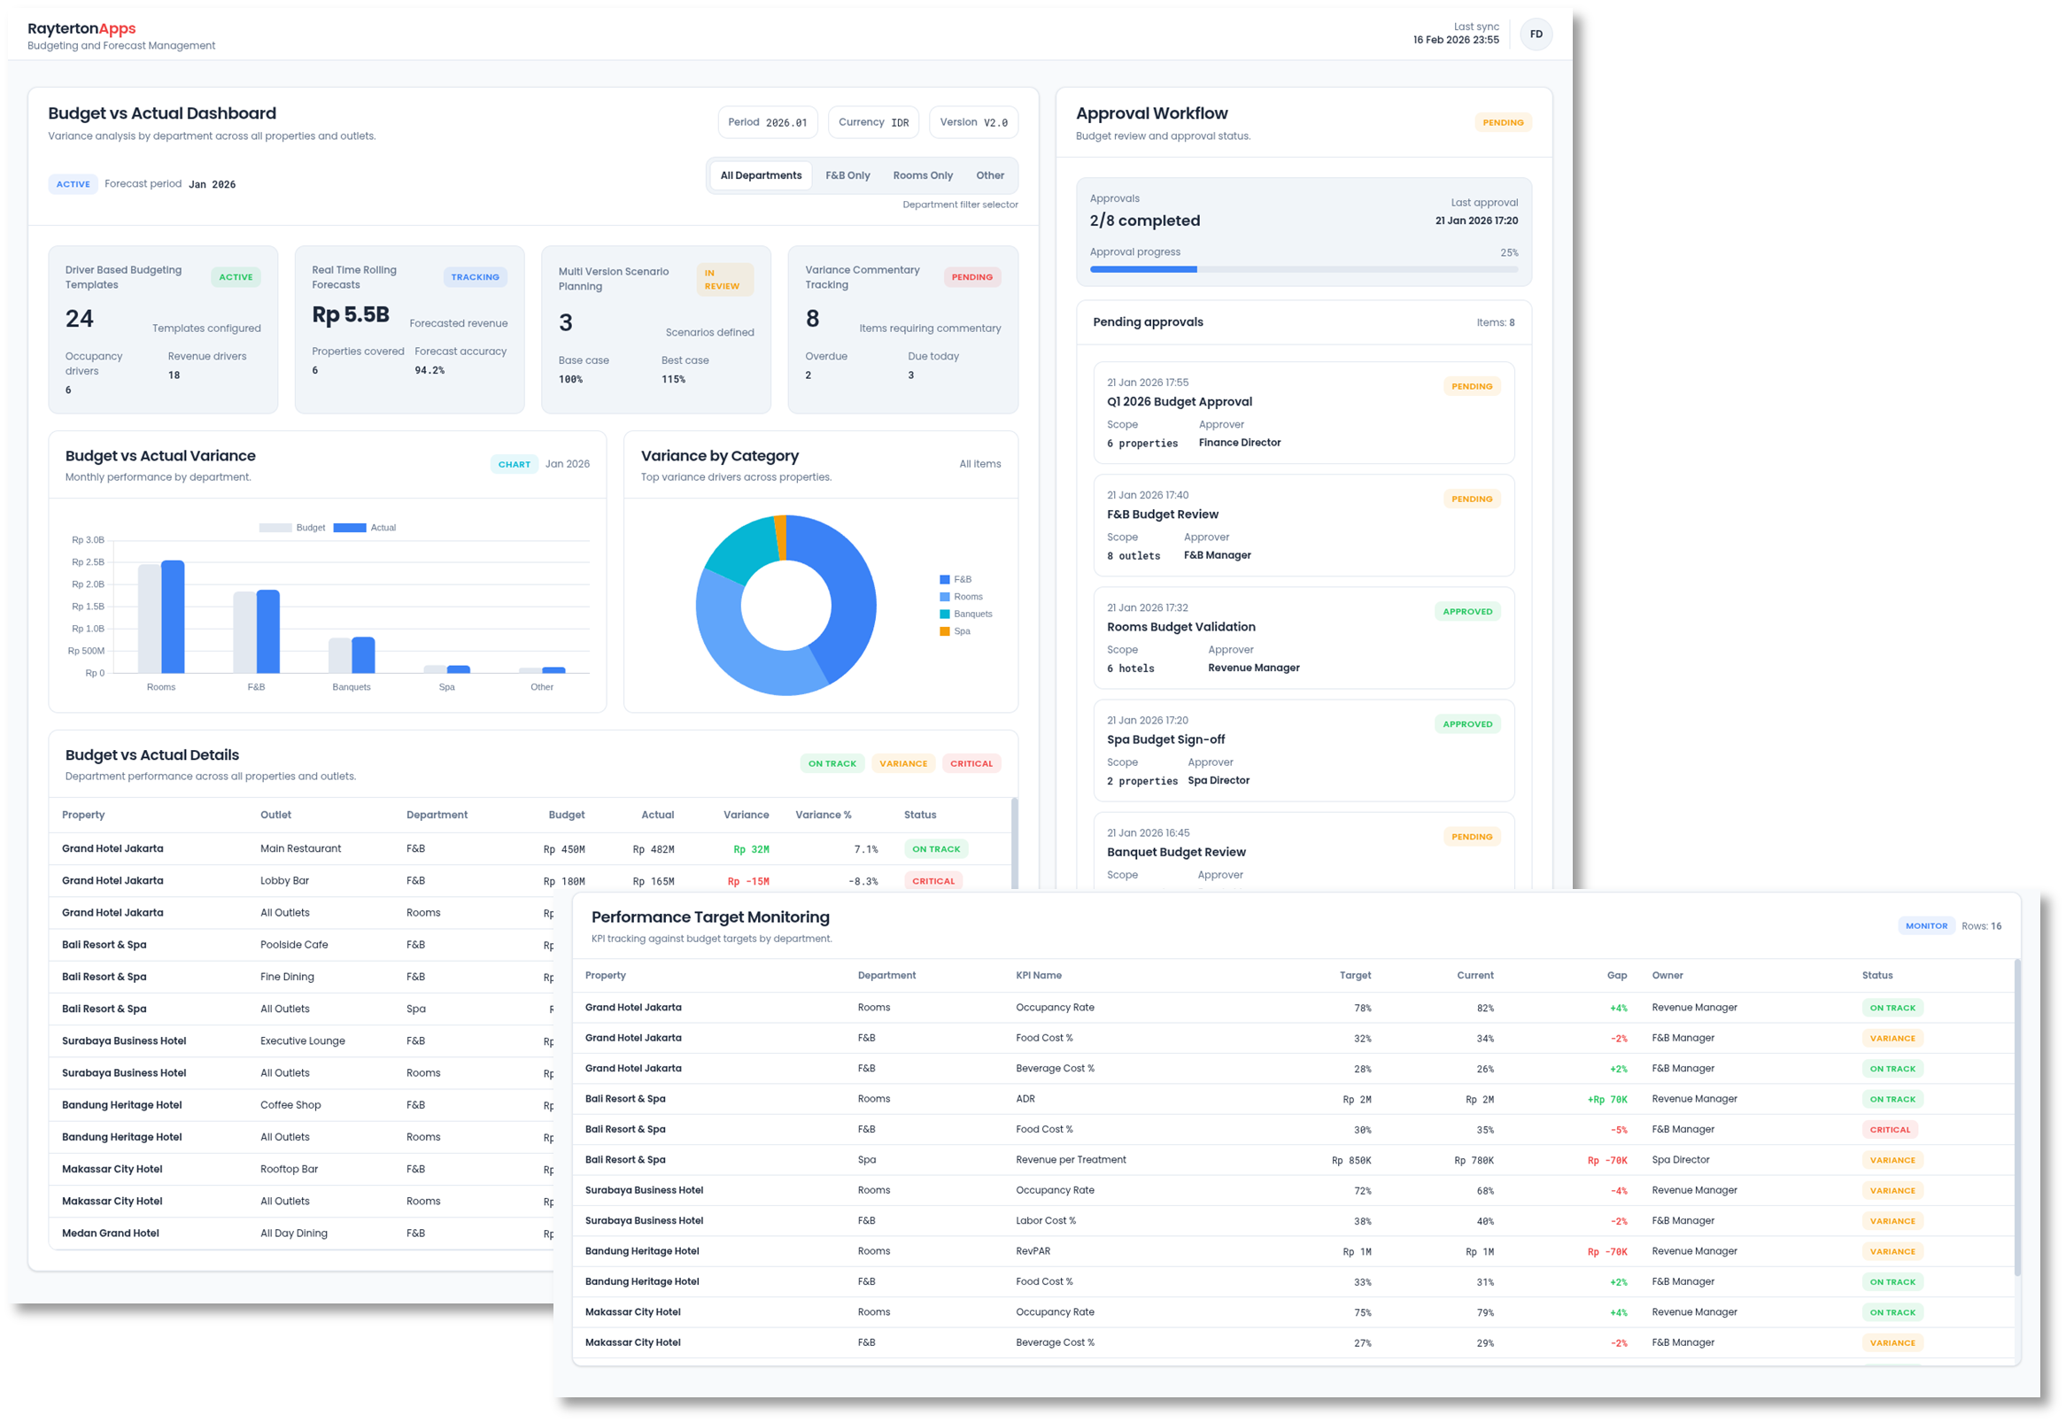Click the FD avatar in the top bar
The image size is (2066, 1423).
1536,35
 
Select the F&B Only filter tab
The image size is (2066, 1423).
847,175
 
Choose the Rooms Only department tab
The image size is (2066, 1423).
922,175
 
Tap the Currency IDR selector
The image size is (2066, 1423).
873,122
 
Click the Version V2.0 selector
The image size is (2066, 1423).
973,122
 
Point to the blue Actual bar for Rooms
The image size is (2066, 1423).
173,617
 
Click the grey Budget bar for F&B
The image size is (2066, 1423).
244,632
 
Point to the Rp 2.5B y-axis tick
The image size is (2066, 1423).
89,562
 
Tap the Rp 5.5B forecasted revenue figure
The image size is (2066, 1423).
351,314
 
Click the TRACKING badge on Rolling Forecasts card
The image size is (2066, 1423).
475,277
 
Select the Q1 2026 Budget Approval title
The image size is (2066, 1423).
1179,402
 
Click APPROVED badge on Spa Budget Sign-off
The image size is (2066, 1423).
1466,724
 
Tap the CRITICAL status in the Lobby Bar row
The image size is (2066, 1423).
932,881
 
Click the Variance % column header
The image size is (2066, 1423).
822,815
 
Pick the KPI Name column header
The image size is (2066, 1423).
1038,976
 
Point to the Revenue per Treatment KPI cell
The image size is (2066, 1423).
1070,1160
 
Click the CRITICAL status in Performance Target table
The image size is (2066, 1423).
1890,1130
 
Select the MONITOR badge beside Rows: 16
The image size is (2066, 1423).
1926,926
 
